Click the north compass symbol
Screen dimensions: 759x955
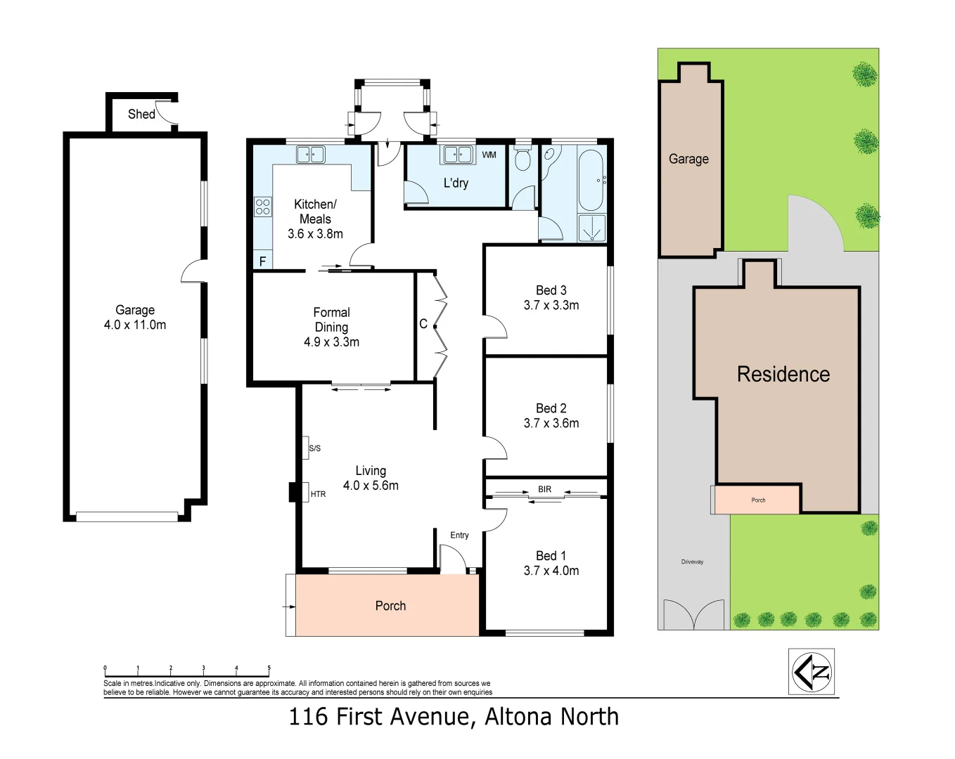coord(812,672)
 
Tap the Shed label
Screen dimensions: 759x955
coord(141,114)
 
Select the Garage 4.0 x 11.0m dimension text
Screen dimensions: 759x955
coord(135,325)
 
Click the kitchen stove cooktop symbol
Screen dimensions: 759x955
coord(262,207)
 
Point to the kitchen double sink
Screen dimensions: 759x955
coord(310,154)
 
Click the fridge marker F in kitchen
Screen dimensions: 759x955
coord(262,261)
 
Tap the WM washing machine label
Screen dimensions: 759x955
coord(489,155)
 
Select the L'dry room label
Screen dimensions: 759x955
coord(456,183)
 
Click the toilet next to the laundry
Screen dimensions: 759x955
coord(523,160)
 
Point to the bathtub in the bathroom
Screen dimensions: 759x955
coord(591,180)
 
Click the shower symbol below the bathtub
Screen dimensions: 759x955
coord(591,228)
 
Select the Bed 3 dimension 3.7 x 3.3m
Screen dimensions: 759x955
coord(551,306)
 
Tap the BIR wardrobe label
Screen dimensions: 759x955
coord(545,489)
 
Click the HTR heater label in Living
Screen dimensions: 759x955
coord(318,494)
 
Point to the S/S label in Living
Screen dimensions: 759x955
coord(314,448)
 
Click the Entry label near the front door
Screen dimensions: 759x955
coord(459,536)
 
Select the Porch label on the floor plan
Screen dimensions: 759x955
coord(390,606)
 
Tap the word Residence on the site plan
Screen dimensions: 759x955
coord(783,375)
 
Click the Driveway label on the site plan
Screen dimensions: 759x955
coord(692,562)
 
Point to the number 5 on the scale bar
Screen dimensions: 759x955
coord(269,668)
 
